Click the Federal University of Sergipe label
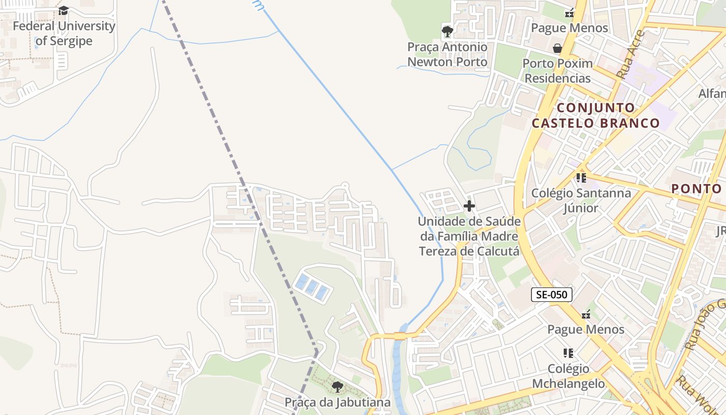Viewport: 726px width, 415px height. click(64, 33)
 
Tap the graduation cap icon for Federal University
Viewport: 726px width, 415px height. click(64, 10)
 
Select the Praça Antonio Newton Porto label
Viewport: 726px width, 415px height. click(447, 54)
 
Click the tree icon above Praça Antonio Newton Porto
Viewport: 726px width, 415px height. click(447, 32)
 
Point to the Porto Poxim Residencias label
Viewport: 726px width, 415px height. click(557, 71)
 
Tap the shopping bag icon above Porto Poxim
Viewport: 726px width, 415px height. click(557, 48)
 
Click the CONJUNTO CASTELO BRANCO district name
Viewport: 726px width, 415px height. click(595, 116)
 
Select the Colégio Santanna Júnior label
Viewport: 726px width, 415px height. click(581, 200)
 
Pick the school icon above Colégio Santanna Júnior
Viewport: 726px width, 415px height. click(581, 178)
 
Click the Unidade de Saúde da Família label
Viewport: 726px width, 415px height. click(469, 236)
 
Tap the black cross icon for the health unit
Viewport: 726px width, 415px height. click(469, 206)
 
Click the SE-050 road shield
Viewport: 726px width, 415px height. click(551, 295)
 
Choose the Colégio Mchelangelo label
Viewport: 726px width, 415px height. click(568, 376)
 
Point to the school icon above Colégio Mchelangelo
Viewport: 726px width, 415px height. click(568, 353)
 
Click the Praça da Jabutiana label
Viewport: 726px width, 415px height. click(337, 402)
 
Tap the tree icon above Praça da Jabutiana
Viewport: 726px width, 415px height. click(337, 386)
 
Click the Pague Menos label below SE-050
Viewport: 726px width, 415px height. click(586, 329)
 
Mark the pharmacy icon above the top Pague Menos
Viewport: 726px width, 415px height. click(569, 12)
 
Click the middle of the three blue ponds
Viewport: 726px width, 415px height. click(311, 287)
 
